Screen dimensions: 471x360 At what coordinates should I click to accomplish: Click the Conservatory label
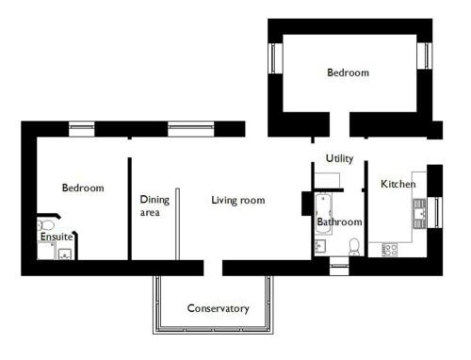point(219,308)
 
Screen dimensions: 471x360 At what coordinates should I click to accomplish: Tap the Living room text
point(238,200)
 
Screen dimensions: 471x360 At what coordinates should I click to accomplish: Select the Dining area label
point(154,205)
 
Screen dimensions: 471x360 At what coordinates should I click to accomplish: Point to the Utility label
point(339,158)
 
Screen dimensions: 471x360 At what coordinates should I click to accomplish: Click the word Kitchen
point(398,184)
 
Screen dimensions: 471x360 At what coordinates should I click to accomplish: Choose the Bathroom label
point(339,221)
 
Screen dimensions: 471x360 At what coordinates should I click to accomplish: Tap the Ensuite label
point(57,237)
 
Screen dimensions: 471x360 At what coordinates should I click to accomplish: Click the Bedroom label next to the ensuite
point(83,188)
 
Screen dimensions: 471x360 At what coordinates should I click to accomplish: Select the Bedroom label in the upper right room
point(348,73)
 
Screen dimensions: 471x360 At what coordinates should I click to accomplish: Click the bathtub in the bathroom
point(323,214)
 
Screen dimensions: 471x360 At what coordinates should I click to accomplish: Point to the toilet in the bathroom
point(354,247)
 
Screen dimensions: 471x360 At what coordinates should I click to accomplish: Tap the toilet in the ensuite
point(46,225)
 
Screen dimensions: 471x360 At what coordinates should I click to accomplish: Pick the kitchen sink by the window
point(419,214)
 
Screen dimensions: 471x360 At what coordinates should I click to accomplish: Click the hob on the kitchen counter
point(390,250)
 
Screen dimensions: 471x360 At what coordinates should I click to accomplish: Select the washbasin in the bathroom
point(320,246)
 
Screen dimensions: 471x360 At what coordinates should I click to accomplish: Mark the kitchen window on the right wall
point(436,212)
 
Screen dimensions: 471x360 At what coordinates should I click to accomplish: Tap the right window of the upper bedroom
point(426,56)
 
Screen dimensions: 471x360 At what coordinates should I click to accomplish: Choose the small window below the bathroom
point(339,267)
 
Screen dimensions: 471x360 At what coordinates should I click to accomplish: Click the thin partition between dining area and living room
point(177,224)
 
